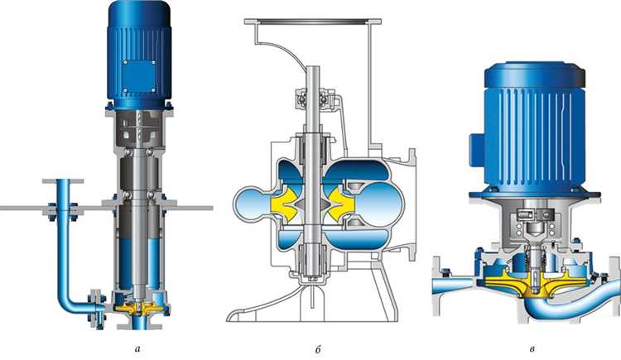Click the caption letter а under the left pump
coord(137,349)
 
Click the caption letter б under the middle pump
coord(318,349)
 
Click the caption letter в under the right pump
coord(532,349)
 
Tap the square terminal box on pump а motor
coord(138,76)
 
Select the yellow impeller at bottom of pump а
coord(139,307)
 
